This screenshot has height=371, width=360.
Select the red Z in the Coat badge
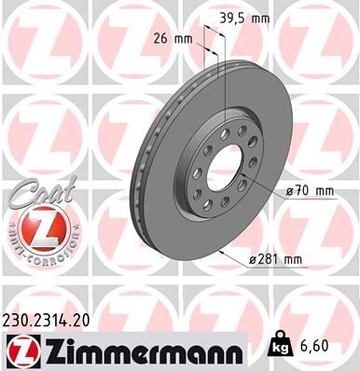38,227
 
